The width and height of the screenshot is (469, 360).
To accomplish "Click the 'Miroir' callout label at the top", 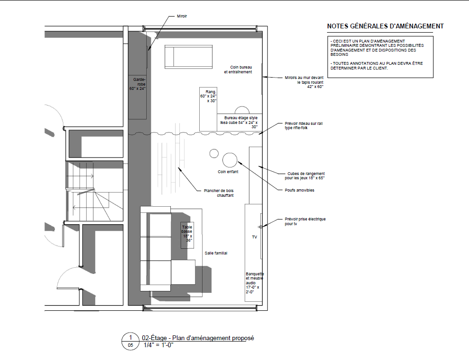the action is [x=182, y=16].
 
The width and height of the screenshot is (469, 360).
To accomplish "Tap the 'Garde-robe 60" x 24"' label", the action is [x=138, y=84].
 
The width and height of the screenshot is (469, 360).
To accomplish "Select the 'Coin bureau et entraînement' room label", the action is [x=238, y=70].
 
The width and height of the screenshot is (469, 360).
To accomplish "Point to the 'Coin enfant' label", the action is [x=228, y=172].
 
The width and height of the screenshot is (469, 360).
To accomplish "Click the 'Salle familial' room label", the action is [x=216, y=253].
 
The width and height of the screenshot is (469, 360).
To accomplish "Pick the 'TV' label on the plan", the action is [x=255, y=237].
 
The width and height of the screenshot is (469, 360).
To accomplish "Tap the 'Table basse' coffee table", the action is [x=187, y=235].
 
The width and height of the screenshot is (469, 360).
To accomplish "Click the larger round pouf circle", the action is [x=230, y=160].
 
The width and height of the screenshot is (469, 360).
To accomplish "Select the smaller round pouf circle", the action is [x=214, y=153].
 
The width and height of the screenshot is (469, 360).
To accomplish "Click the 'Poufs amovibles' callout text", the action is [x=300, y=190].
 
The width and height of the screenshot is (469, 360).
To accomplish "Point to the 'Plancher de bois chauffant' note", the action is [x=219, y=193].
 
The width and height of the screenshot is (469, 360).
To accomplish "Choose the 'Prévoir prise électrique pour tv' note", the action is [x=305, y=221].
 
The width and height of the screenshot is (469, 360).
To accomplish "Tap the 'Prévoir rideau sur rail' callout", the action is [x=303, y=125].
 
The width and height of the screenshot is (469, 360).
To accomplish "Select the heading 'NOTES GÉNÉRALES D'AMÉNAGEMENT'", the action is [x=385, y=26].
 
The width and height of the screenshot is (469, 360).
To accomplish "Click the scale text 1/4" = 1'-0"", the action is [x=159, y=345].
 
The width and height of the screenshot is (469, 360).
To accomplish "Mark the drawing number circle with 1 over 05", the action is [x=131, y=341].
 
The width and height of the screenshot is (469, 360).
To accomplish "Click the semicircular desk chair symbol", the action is [x=242, y=110].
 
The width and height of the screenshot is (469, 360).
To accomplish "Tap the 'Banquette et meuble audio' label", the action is [x=255, y=283].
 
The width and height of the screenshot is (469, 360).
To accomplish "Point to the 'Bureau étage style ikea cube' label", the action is [x=239, y=123].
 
